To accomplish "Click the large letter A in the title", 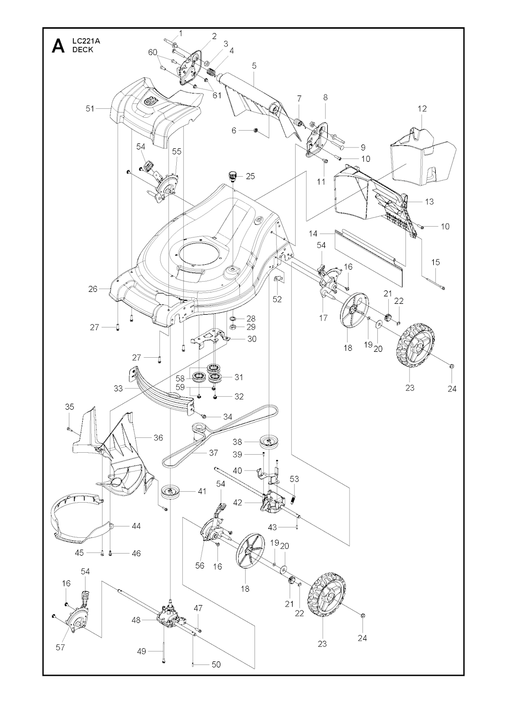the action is coord(58,47).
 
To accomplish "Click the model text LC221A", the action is coord(84,41).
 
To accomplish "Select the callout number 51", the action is coord(90,108).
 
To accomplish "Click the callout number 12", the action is coord(422,108).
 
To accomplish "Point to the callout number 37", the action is coord(213,453).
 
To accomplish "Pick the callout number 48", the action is coord(136,619).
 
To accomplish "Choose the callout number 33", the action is coord(118,388).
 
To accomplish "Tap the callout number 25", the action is coord(251,176).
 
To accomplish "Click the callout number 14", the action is coord(313,234).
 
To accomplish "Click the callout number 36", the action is coord(158,437).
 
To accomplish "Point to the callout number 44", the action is coord(137,526).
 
